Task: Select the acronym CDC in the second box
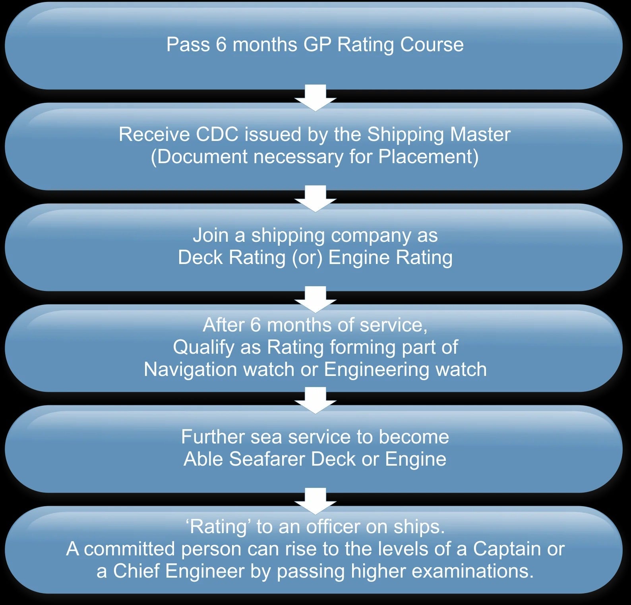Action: tap(217, 134)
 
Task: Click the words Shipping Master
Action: tap(439, 135)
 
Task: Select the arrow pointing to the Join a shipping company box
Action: tap(315, 198)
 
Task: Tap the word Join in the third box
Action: tap(211, 235)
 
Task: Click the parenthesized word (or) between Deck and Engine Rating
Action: tap(307, 258)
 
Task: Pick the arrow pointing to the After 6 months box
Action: tap(315, 299)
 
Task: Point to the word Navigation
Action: tap(190, 370)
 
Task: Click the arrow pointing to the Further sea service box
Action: tap(315, 400)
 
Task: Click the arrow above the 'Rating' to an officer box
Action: tap(315, 501)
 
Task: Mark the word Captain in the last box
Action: tap(507, 549)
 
